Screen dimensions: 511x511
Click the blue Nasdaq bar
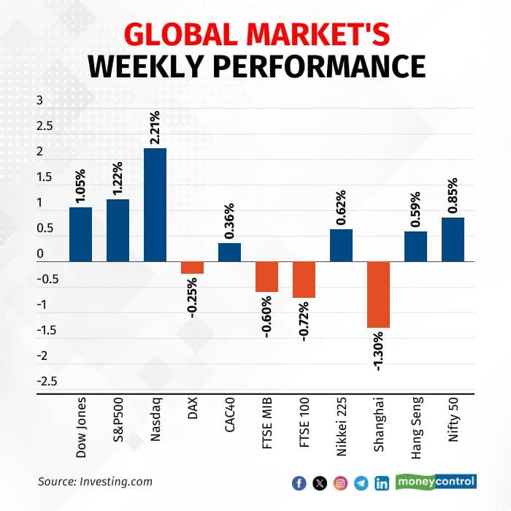point(155,204)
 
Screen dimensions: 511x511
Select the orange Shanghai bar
point(378,294)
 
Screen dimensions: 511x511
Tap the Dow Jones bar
point(80,234)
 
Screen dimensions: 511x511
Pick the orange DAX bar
point(192,267)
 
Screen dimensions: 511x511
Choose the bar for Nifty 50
point(453,239)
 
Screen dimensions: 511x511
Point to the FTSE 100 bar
point(304,280)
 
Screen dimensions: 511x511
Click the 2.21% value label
point(155,126)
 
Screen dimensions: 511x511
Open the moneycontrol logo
point(436,481)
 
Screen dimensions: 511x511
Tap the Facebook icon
point(298,482)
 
